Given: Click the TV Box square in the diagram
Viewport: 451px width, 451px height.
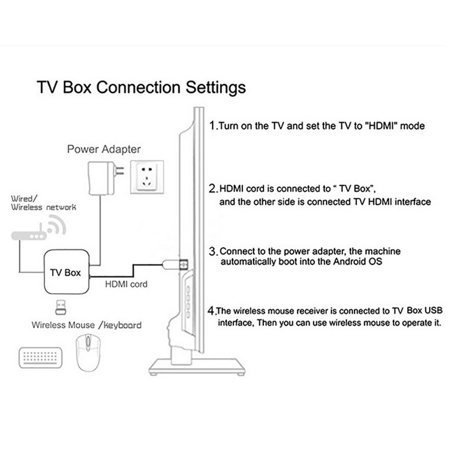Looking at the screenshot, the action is [67, 272].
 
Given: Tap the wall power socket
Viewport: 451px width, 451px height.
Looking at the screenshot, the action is [147, 177].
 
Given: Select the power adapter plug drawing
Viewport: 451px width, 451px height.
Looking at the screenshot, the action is [105, 178].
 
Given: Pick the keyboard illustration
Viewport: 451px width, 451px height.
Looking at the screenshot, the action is [41, 357].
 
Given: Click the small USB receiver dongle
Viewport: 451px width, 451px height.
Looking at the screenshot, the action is [60, 307].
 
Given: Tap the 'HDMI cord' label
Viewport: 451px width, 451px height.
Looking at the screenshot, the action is [126, 284].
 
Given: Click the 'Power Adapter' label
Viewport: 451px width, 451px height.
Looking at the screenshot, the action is [104, 149].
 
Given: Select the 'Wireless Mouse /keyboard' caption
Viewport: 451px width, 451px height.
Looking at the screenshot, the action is [87, 325].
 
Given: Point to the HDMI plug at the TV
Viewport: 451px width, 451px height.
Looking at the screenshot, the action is [175, 264].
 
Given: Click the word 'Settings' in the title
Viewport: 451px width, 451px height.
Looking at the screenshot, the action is [216, 87].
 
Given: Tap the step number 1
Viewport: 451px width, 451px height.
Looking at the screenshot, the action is [213, 125].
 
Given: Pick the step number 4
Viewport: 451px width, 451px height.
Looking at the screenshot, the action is [211, 311].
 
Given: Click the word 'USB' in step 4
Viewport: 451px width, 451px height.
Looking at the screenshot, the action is [434, 311].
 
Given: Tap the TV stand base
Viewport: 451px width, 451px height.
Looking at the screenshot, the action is [197, 367].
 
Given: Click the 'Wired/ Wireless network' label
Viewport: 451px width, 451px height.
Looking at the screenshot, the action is [43, 203].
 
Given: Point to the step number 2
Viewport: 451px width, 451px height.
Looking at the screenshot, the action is [213, 189].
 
